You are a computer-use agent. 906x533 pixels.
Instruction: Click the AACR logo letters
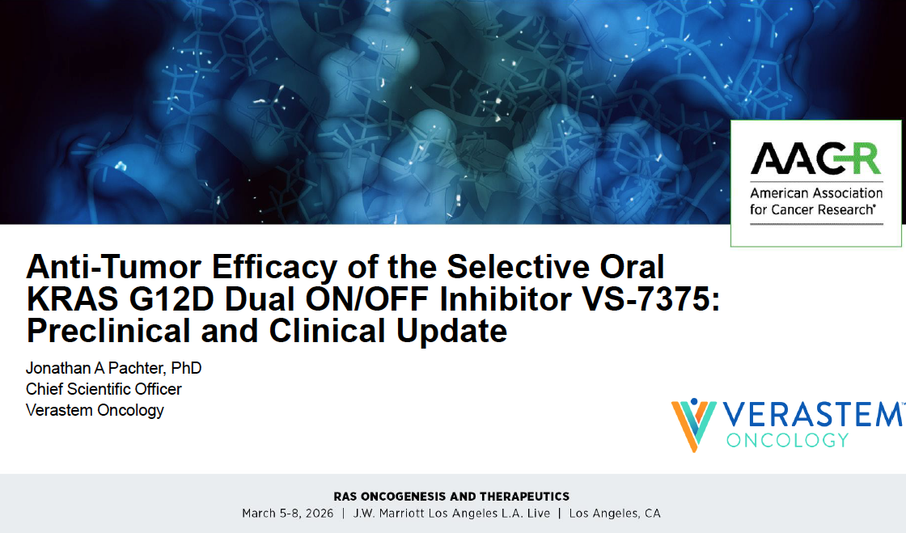[x=815, y=159]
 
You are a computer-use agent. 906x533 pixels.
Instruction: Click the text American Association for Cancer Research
[x=815, y=201]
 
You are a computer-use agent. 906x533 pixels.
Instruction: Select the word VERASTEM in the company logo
[x=811, y=415]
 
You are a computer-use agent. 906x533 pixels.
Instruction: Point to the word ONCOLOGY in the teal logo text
[x=787, y=441]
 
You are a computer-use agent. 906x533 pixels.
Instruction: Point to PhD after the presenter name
[x=187, y=369]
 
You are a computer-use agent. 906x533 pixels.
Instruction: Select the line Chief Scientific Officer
[x=104, y=389]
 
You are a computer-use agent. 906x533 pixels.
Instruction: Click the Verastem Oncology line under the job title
[x=95, y=410]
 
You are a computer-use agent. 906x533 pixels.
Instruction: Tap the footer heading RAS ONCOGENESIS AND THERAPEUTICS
[x=451, y=497]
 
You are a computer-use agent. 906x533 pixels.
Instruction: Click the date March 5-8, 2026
[x=287, y=514]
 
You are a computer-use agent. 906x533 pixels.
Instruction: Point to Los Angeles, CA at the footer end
[x=615, y=514]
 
